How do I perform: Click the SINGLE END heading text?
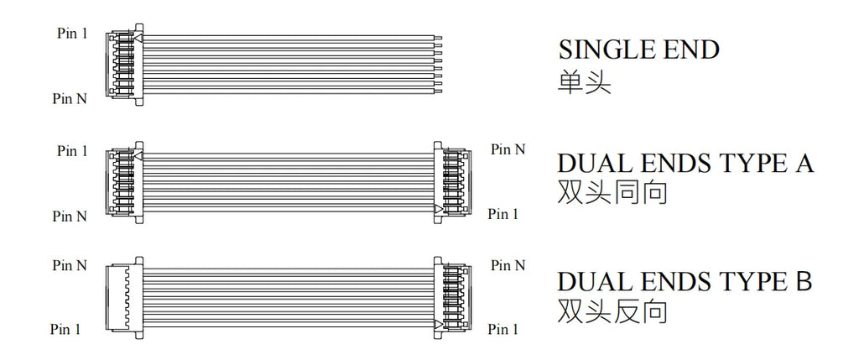click(x=638, y=50)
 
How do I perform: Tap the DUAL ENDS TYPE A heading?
click(x=685, y=164)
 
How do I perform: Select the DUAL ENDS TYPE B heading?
click(x=685, y=281)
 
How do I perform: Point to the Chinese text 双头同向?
click(x=612, y=193)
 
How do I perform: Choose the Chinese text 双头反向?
click(x=612, y=310)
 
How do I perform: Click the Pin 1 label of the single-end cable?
click(x=72, y=33)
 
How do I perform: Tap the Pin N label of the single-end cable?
click(x=70, y=99)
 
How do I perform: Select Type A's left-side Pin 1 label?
click(x=72, y=151)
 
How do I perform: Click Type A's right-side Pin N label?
click(x=508, y=149)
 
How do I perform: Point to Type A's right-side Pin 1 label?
click(x=503, y=214)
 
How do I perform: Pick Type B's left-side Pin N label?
click(x=70, y=266)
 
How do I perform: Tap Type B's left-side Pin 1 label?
click(x=65, y=329)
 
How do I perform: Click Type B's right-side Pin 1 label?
click(x=503, y=329)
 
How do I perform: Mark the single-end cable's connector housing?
click(x=124, y=65)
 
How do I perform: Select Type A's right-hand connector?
click(x=452, y=182)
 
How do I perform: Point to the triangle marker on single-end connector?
click(x=138, y=39)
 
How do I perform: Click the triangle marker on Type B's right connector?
click(x=438, y=325)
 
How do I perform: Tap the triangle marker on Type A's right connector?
click(x=438, y=209)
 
